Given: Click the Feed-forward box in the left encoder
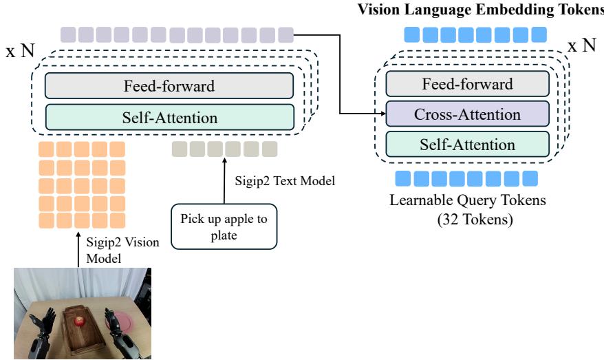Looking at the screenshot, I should pos(169,86).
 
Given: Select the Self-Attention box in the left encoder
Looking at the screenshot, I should pos(169,118).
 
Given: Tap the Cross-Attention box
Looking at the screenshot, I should pos(467,114).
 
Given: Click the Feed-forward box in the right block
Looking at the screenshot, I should pos(467,84).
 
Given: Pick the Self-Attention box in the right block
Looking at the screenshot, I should pos(467,145).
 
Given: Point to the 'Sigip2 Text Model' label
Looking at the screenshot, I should pos(284,182).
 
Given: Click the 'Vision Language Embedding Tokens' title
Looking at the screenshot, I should pos(479,9).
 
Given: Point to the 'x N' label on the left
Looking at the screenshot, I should pos(20,52).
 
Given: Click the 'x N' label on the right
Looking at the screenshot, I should pos(581,46).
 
